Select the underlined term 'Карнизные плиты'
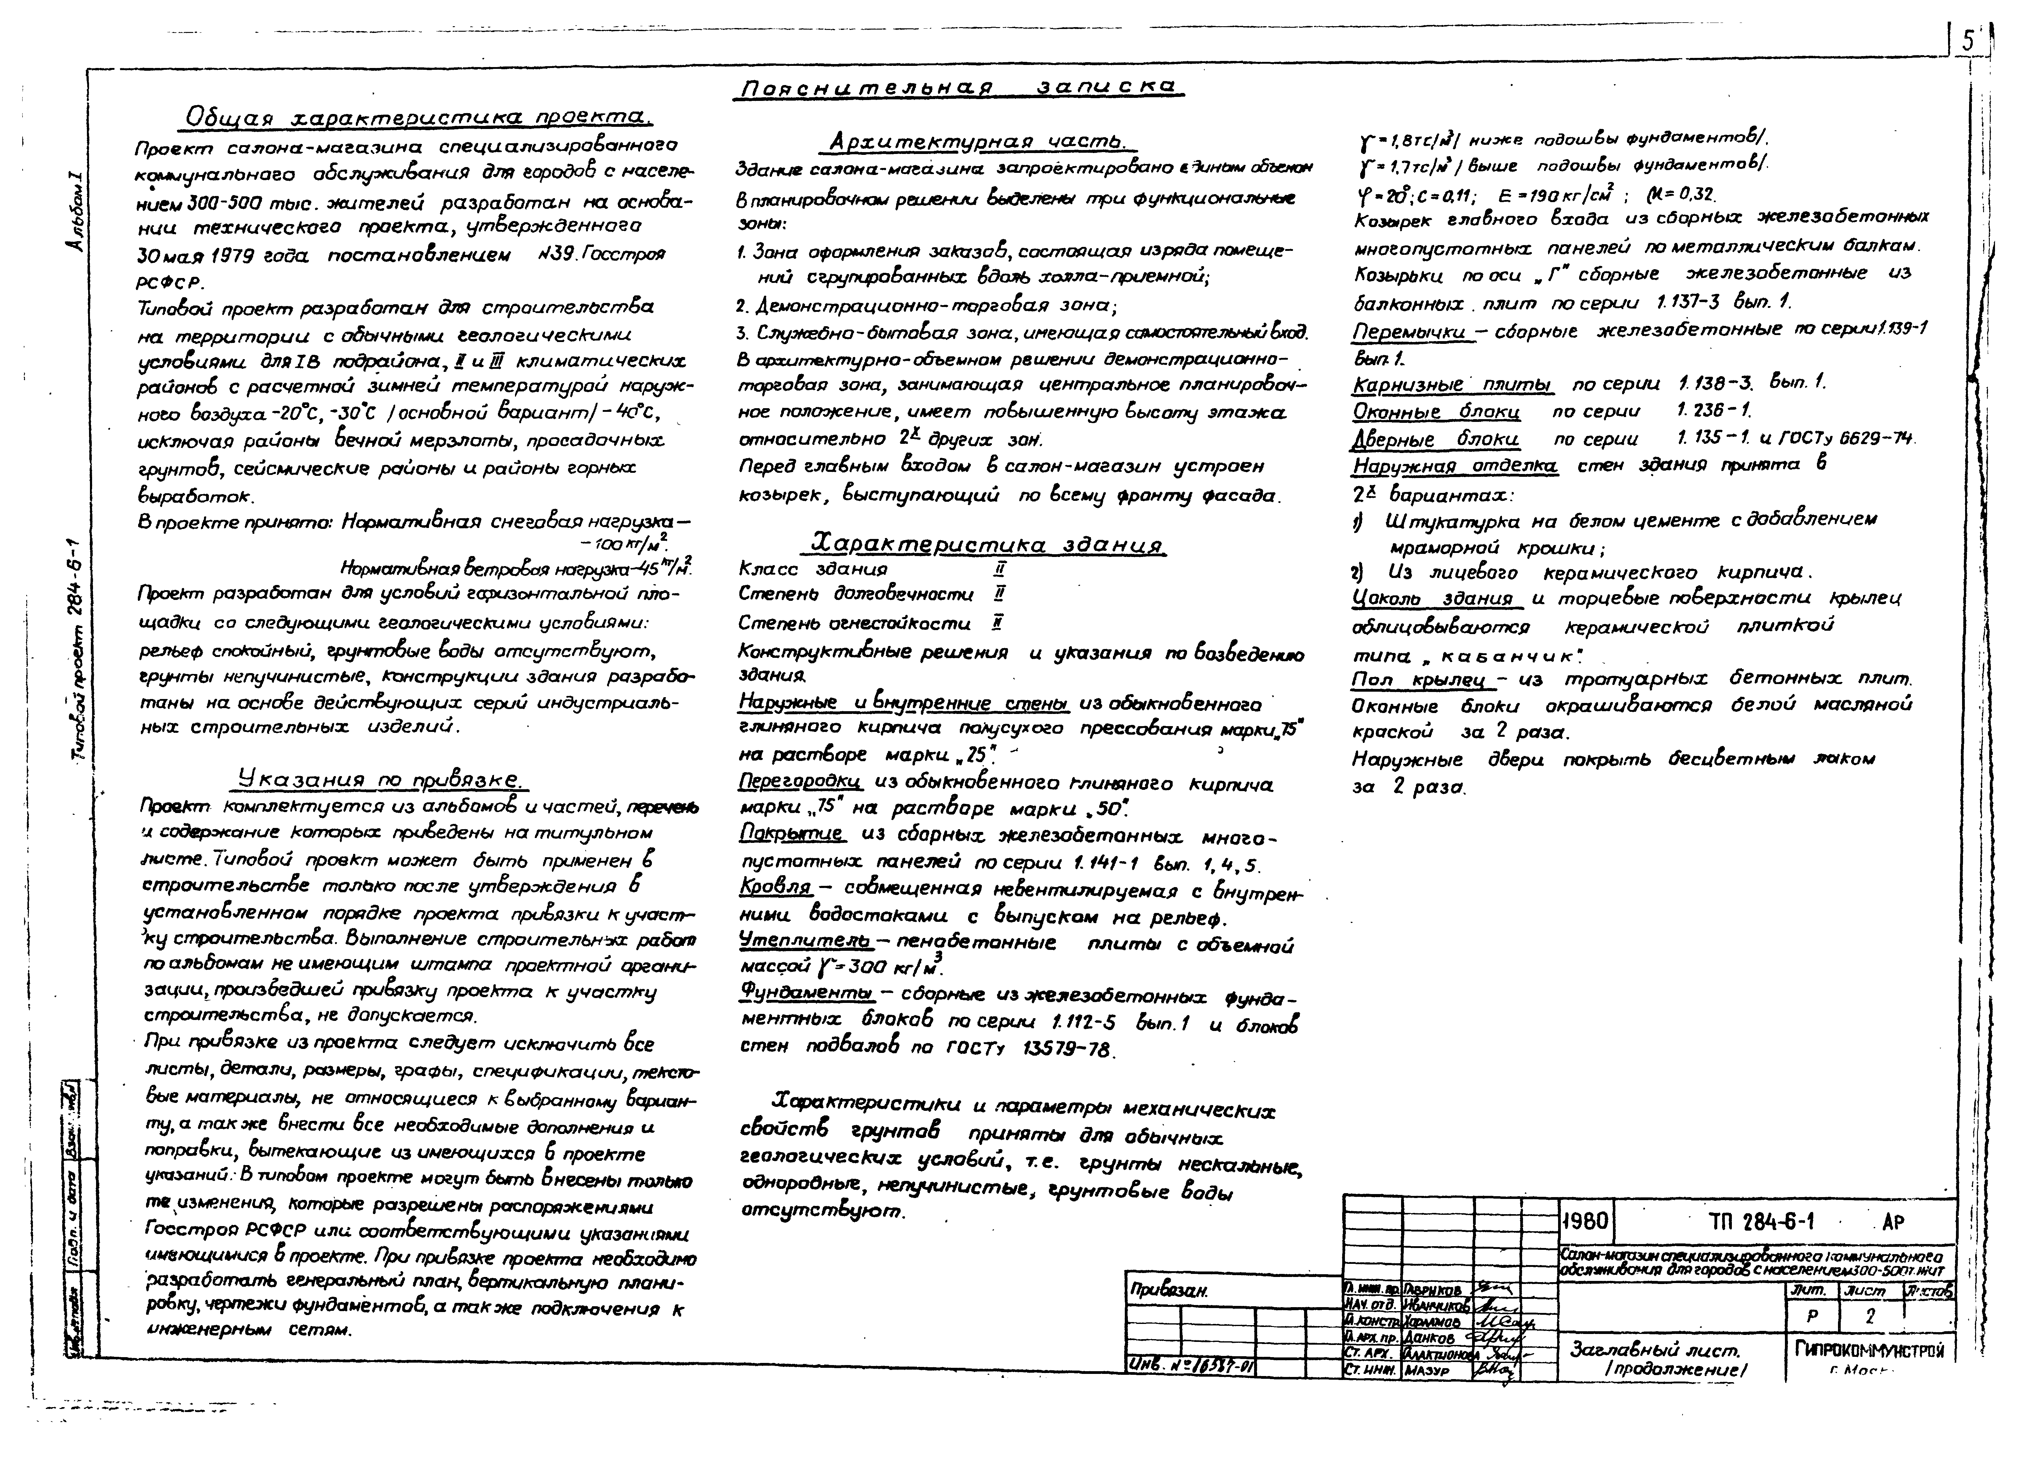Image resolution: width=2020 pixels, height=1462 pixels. coord(1452,384)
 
